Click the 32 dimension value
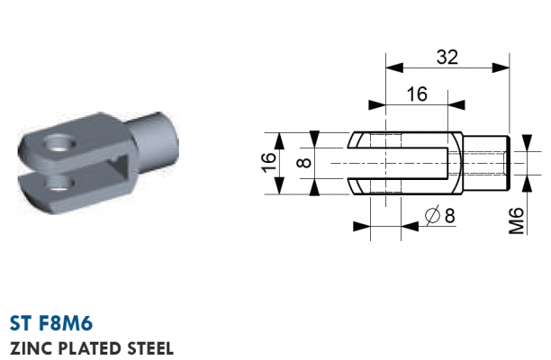click(447, 57)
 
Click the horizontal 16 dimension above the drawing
click(417, 94)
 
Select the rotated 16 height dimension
click(269, 162)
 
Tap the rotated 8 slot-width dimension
click(304, 163)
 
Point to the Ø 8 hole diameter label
click(439, 215)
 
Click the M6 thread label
click(516, 220)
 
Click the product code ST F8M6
click(51, 323)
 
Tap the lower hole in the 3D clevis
click(59, 184)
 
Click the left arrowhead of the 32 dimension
click(394, 67)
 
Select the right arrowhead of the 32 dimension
click(501, 67)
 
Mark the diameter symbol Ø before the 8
click(432, 215)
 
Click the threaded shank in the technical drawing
click(485, 163)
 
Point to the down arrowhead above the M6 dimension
click(527, 143)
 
